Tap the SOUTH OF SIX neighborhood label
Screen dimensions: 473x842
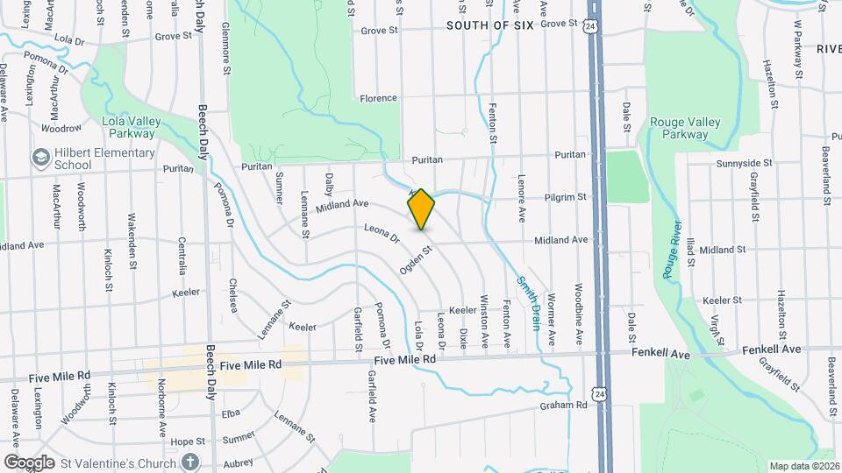pyautogui.click(x=489, y=25)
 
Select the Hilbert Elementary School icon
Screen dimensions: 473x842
pyautogui.click(x=40, y=158)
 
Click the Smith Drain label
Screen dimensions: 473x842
pyautogui.click(x=528, y=303)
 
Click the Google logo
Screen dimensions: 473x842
pyautogui.click(x=29, y=462)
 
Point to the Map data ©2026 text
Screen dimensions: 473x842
pyautogui.click(x=803, y=466)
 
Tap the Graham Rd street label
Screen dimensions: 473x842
pyautogui.click(x=563, y=405)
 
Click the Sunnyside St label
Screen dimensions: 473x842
pyautogui.click(x=744, y=163)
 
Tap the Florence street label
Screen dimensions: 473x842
pyautogui.click(x=378, y=98)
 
